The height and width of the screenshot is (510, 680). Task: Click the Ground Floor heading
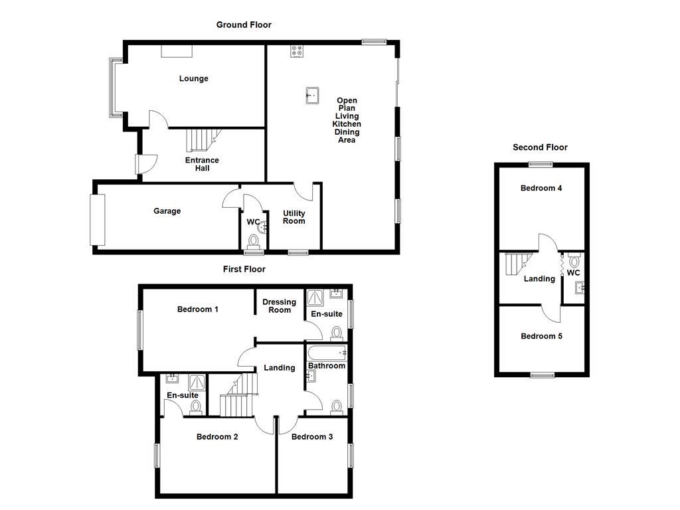pyautogui.click(x=244, y=25)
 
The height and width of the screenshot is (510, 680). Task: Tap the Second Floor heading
pyautogui.click(x=540, y=147)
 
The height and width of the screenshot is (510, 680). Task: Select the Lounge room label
pyautogui.click(x=193, y=78)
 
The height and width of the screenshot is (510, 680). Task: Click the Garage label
pyautogui.click(x=167, y=211)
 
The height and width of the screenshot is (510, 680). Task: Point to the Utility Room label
pyautogui.click(x=294, y=217)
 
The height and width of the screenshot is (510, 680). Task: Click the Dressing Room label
pyautogui.click(x=279, y=305)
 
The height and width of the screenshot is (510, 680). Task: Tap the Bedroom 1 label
pyautogui.click(x=198, y=309)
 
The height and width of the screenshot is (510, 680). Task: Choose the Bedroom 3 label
pyautogui.click(x=312, y=437)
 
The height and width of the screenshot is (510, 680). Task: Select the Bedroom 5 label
pyautogui.click(x=541, y=337)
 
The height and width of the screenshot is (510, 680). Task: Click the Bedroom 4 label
pyautogui.click(x=541, y=189)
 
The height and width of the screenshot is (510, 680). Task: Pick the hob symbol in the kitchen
pyautogui.click(x=297, y=51)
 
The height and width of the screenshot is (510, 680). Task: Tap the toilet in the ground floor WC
pyautogui.click(x=253, y=241)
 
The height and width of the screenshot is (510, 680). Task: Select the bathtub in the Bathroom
pyautogui.click(x=325, y=353)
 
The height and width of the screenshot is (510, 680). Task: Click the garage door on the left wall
pyautogui.click(x=98, y=219)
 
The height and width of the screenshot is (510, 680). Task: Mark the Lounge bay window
pyautogui.click(x=114, y=88)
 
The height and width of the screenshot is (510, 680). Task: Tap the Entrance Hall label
pyautogui.click(x=202, y=164)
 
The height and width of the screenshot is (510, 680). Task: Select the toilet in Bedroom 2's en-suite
pyautogui.click(x=195, y=406)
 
